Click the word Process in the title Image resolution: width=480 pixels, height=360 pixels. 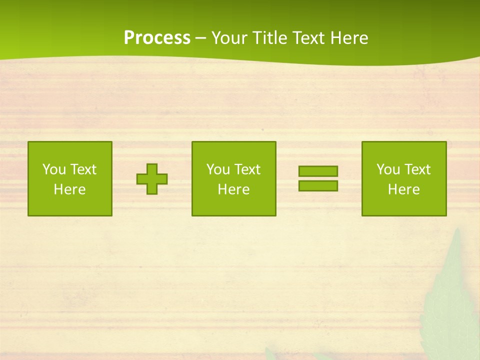pyautogui.click(x=157, y=38)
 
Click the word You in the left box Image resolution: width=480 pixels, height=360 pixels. pyautogui.click(x=54, y=169)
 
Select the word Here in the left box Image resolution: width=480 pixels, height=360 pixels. pyautogui.click(x=69, y=189)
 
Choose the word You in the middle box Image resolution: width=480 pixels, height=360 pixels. pyautogui.click(x=218, y=169)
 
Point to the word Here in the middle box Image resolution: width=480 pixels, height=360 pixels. pyautogui.click(x=233, y=189)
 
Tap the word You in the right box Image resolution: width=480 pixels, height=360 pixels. pyautogui.click(x=388, y=169)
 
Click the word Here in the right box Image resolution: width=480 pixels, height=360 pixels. pyautogui.click(x=403, y=189)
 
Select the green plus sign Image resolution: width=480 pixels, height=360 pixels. pyautogui.click(x=152, y=179)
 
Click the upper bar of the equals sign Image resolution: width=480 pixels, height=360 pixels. pyautogui.click(x=318, y=171)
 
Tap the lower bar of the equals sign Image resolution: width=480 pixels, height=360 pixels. pyautogui.click(x=318, y=186)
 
